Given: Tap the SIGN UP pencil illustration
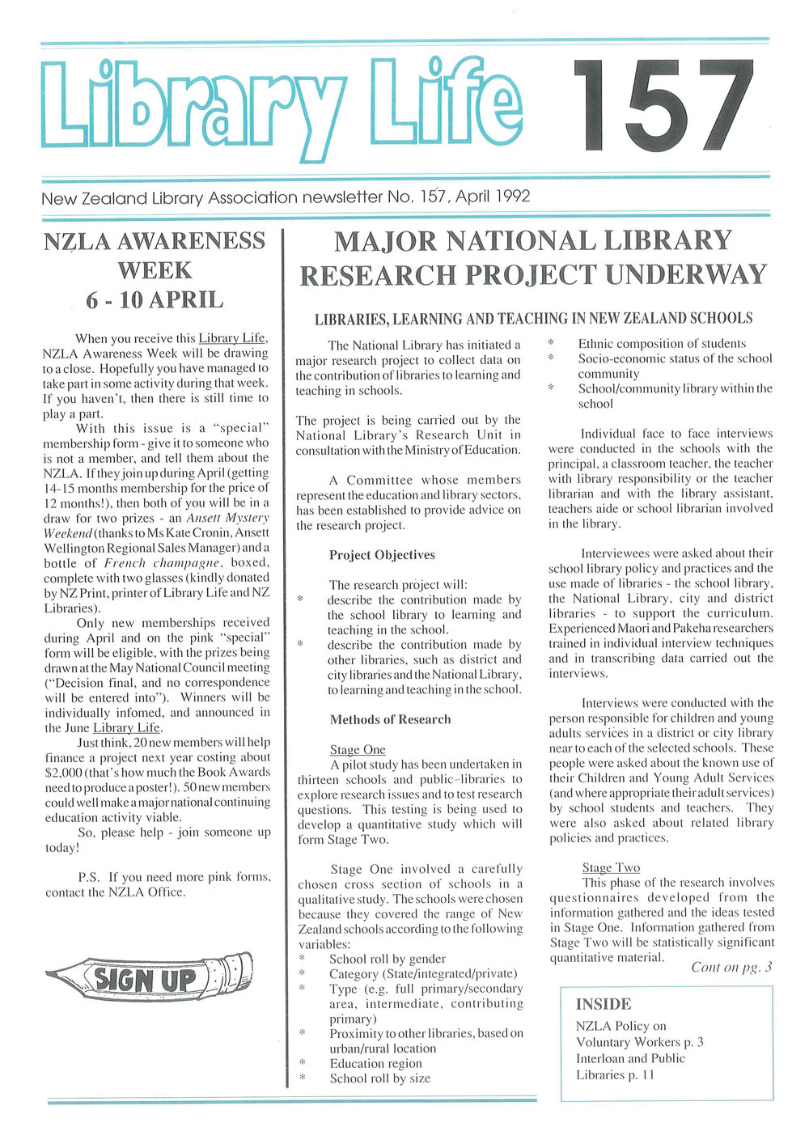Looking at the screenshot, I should pos(150,978).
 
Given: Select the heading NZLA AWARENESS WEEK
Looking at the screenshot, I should pos(155,255).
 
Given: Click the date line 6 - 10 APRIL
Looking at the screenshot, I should pos(155,300).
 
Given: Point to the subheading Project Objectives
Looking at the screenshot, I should pos(382,555).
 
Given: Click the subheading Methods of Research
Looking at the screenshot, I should pos(390,719).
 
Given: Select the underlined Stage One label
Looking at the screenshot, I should pos(358,750).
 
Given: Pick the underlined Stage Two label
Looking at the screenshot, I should pos(611,867).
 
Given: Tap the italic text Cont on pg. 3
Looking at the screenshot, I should pos(731,967).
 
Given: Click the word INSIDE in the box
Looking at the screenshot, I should pos(604,1004).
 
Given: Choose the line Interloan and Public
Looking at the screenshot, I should pos(630,1058).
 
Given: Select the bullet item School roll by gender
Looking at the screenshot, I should pos(388,959).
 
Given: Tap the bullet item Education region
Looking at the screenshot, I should pos(375,1063).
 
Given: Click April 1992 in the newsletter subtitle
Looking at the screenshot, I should pos(493,197).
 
